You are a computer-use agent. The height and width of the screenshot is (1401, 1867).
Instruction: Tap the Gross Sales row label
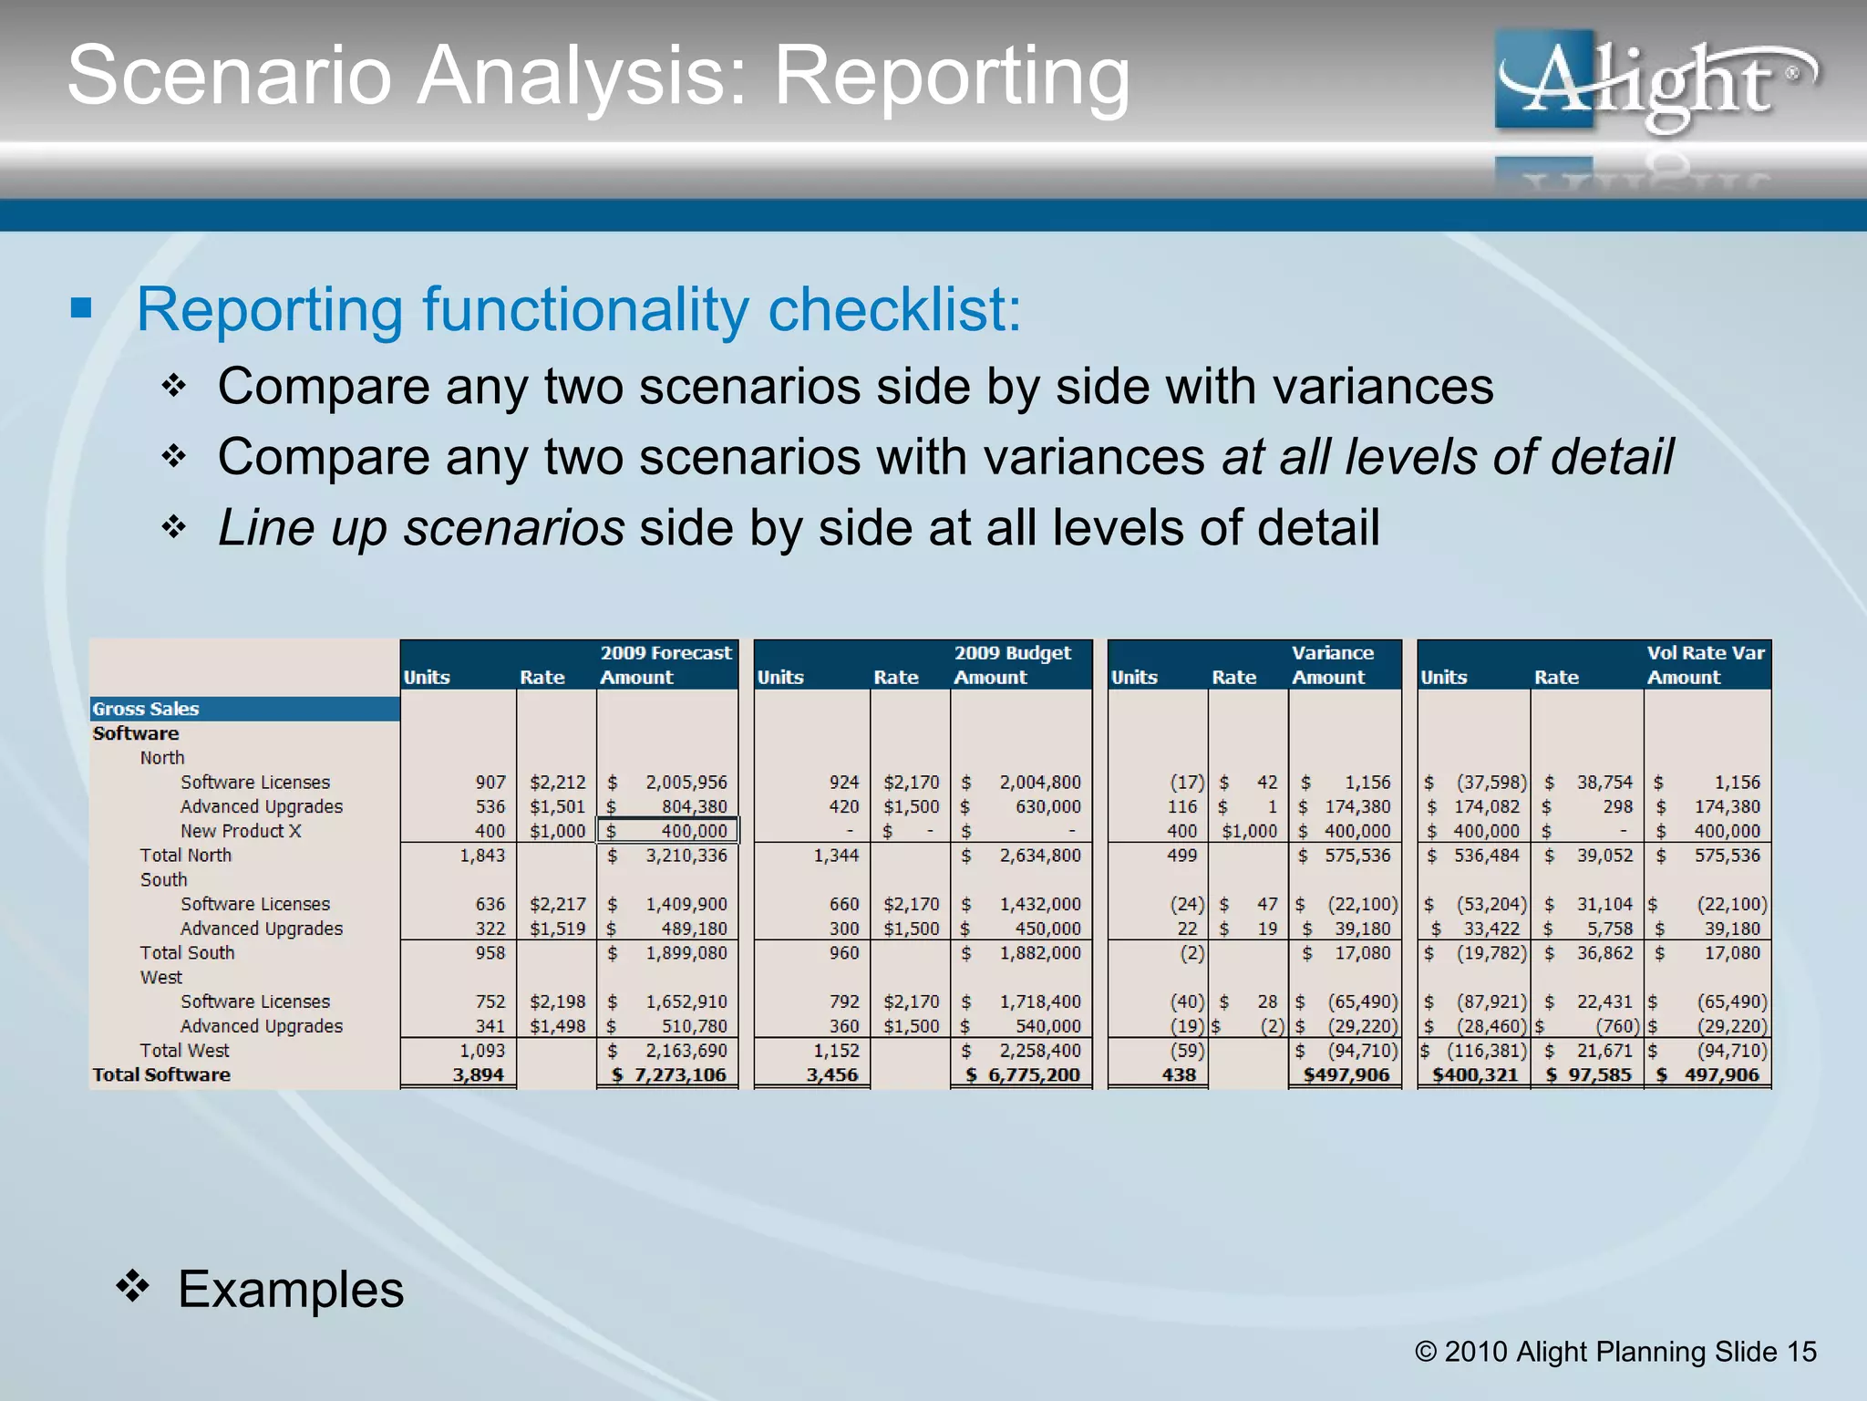coord(146,709)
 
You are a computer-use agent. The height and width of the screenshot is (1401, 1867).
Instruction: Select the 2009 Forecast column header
coord(665,653)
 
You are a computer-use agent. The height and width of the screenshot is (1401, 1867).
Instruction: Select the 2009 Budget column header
coord(1012,653)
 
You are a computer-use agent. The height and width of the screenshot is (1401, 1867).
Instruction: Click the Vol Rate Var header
coord(1705,653)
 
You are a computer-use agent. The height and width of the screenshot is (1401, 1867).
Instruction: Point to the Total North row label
coord(186,856)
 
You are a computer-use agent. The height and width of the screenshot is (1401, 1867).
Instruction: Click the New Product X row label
coord(241,831)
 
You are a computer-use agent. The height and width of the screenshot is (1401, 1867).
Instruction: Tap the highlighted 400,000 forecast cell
coord(667,831)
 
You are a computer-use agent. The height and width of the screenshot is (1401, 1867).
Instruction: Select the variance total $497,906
coord(1346,1075)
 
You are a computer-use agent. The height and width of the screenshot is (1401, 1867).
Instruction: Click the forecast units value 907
coord(490,783)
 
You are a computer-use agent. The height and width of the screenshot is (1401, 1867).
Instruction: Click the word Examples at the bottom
coord(291,1290)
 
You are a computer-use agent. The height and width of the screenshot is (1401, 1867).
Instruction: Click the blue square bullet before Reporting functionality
coord(82,308)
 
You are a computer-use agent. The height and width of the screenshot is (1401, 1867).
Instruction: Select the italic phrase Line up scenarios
coord(421,528)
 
